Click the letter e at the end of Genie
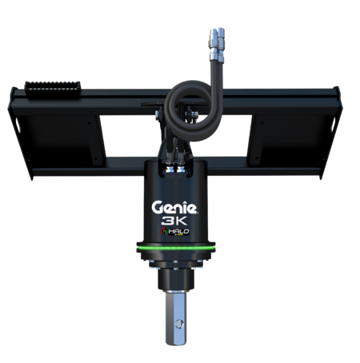[x=199, y=208]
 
